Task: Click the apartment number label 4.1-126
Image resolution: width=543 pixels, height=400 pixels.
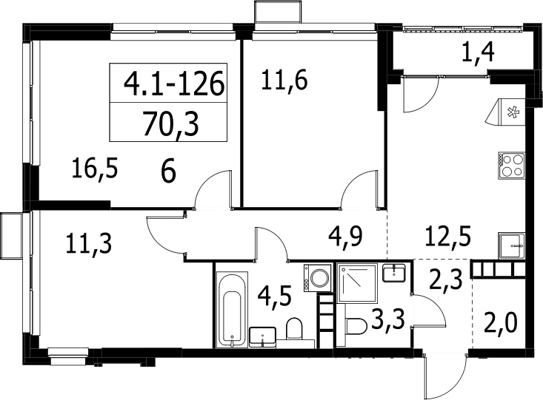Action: (x=174, y=84)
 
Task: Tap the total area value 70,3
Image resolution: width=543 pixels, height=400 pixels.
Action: (x=170, y=123)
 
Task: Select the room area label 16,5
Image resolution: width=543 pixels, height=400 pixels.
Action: (x=95, y=169)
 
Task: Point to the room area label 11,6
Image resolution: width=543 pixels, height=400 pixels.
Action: (x=284, y=81)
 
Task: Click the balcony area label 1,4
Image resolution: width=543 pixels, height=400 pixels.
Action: (x=479, y=52)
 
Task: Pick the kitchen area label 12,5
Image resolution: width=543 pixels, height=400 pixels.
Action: (x=447, y=237)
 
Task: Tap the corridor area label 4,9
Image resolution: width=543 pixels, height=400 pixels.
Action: (x=345, y=237)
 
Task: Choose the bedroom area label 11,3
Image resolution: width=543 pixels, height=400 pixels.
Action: (x=89, y=243)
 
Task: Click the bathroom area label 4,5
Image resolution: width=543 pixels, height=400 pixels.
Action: (x=275, y=296)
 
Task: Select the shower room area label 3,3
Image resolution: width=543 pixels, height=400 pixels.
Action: (x=388, y=320)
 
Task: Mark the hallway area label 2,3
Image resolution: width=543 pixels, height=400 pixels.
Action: (x=446, y=279)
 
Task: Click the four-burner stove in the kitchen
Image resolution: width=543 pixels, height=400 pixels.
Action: (x=512, y=166)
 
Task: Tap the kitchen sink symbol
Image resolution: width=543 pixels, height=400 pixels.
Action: (x=512, y=245)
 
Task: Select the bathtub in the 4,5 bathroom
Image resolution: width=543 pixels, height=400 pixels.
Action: (x=233, y=309)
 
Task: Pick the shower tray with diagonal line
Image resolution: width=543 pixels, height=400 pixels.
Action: (x=357, y=283)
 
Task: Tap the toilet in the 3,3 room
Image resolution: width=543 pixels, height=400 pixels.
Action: (x=356, y=326)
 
